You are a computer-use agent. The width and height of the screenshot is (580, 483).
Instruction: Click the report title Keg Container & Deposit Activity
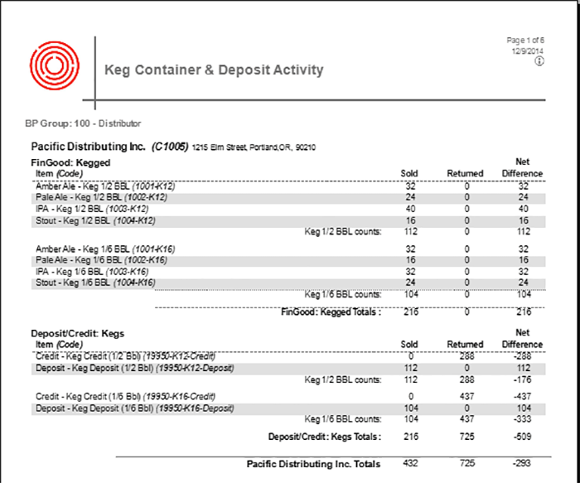pyautogui.click(x=214, y=70)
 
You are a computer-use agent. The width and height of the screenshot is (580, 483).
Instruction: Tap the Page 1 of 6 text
pyautogui.click(x=525, y=40)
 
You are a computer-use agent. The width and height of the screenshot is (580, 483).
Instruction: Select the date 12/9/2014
pyautogui.click(x=528, y=51)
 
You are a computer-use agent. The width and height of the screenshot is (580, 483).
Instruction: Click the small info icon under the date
pyautogui.click(x=539, y=61)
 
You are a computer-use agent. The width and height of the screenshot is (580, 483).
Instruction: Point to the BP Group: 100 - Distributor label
pyautogui.click(x=84, y=123)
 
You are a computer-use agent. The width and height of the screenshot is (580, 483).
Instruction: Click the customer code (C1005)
pyautogui.click(x=170, y=147)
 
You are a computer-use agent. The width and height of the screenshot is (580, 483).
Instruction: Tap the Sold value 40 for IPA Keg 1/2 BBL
pyautogui.click(x=410, y=210)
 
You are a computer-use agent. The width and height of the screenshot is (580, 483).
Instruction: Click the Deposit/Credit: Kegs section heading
pyautogui.click(x=77, y=333)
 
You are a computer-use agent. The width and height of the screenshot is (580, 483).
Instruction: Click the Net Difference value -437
pyautogui.click(x=522, y=396)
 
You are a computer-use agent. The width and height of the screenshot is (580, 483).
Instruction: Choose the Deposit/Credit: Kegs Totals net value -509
pyautogui.click(x=522, y=436)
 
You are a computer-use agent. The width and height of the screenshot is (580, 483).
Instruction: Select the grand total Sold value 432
pyautogui.click(x=410, y=463)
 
